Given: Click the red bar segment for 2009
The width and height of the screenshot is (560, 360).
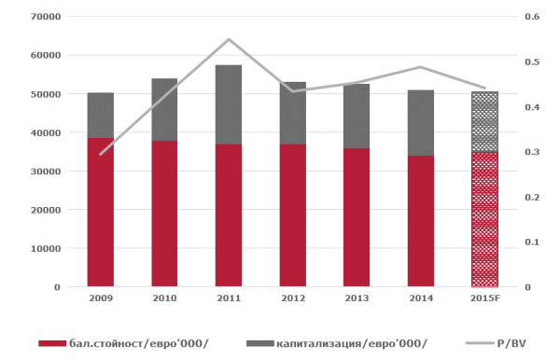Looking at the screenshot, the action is (x=101, y=213).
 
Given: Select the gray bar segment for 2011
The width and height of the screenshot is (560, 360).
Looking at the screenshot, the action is (x=229, y=104).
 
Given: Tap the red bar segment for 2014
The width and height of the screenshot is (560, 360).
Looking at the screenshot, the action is (x=421, y=221).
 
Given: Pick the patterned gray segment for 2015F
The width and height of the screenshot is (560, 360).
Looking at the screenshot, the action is (x=484, y=121).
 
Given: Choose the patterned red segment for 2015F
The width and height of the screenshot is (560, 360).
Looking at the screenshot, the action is (x=484, y=219).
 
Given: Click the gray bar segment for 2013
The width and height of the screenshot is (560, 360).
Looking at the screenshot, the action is (x=357, y=116).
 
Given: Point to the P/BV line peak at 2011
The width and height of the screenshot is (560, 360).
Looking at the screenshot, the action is (x=229, y=39).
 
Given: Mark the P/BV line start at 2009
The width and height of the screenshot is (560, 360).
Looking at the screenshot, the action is (x=101, y=155).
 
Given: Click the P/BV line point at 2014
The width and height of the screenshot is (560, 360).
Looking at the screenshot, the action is (x=421, y=67).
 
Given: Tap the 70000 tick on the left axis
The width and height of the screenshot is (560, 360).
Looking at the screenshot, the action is (x=46, y=17).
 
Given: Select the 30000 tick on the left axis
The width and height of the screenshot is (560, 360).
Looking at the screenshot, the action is (x=46, y=172).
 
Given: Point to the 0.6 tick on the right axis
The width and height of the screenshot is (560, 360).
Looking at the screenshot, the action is (x=532, y=17).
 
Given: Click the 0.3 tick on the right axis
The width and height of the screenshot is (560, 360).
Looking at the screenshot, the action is (x=532, y=152).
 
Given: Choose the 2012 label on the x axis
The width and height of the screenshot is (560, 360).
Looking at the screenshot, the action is (x=293, y=298).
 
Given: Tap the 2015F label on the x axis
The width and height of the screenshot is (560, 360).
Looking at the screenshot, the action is (x=485, y=298).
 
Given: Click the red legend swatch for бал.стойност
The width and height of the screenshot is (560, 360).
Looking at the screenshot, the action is (x=52, y=343).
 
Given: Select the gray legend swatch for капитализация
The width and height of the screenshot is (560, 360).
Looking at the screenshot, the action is (x=260, y=343).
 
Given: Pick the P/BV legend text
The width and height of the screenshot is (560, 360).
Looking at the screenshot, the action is (x=511, y=343).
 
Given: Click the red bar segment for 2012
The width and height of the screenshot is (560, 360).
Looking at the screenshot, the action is (x=293, y=215).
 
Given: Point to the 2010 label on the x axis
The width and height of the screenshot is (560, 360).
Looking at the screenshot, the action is (x=164, y=298).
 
